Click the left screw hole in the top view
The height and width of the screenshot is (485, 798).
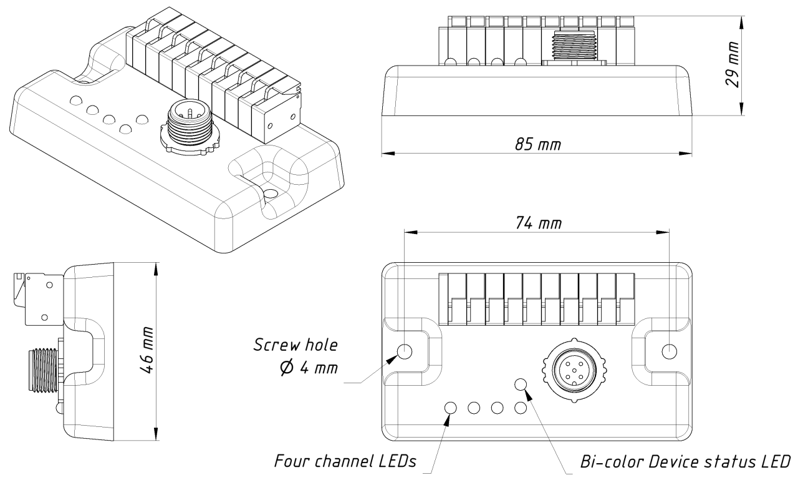pyautogui.click(x=405, y=351)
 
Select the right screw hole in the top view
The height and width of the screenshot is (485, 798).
pyautogui.click(x=670, y=351)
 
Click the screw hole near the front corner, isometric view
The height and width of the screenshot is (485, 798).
pyautogui.click(x=271, y=194)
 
